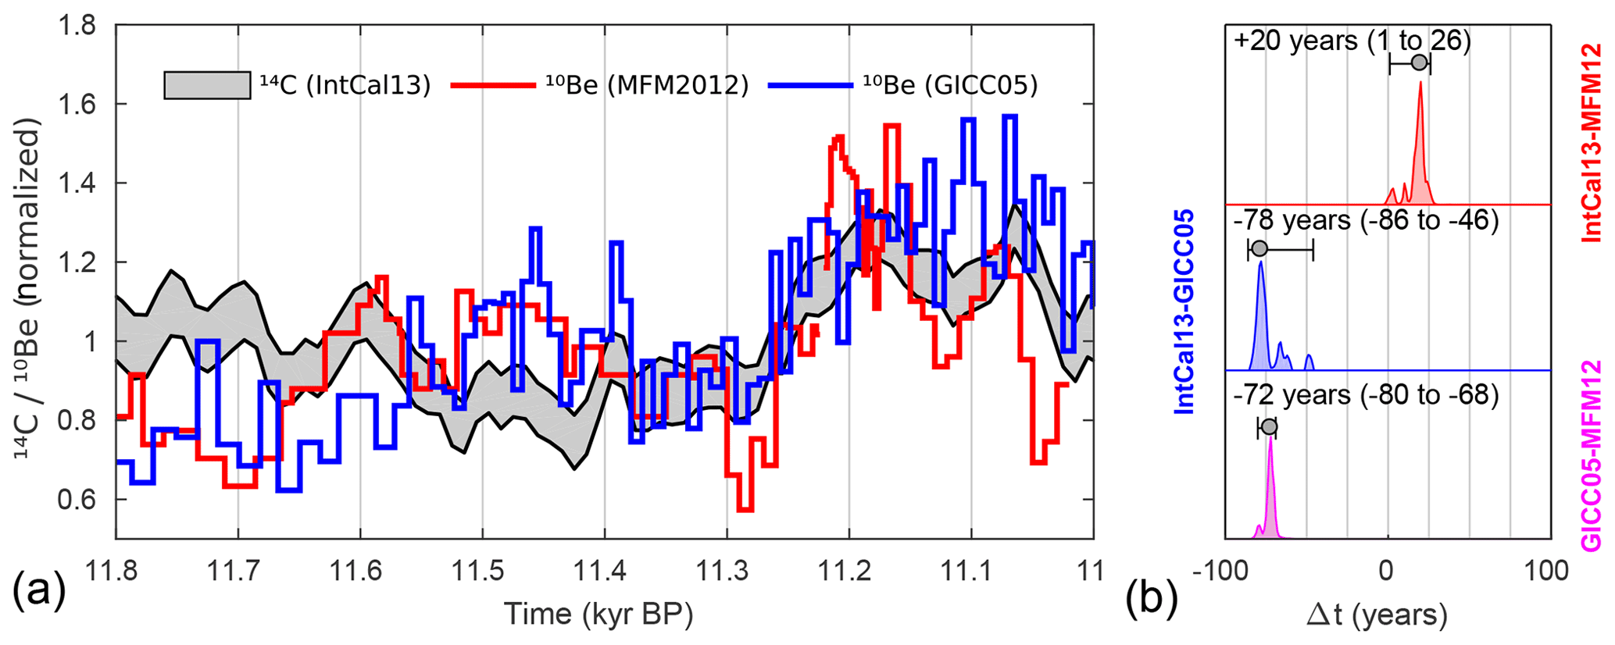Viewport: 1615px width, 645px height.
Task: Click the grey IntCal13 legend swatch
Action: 207,85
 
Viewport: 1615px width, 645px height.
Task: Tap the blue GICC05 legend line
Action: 809,85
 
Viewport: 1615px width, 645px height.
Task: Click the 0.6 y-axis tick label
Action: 77,500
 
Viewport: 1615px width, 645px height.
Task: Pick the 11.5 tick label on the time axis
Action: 482,572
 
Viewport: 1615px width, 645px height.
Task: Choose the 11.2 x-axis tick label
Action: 849,572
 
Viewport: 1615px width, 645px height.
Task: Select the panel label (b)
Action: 1152,597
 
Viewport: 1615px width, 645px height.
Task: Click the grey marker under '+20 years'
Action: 1419,63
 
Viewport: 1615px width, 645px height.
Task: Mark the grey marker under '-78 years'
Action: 1259,249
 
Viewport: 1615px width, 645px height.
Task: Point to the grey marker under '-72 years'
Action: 1269,427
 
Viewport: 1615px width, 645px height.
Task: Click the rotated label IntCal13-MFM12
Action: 1591,143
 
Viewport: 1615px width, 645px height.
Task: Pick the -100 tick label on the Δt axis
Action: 1223,572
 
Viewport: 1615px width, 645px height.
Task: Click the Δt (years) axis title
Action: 1377,615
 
